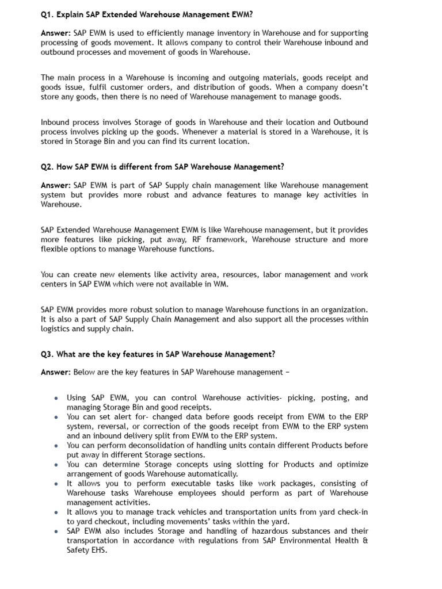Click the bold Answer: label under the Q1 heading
click(x=55, y=33)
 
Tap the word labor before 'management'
click(x=274, y=275)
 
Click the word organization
click(x=345, y=310)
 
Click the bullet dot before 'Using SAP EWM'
click(x=55, y=398)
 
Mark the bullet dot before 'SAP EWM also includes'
click(x=55, y=531)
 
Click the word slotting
click(x=241, y=464)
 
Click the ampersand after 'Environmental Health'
click(x=365, y=541)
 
